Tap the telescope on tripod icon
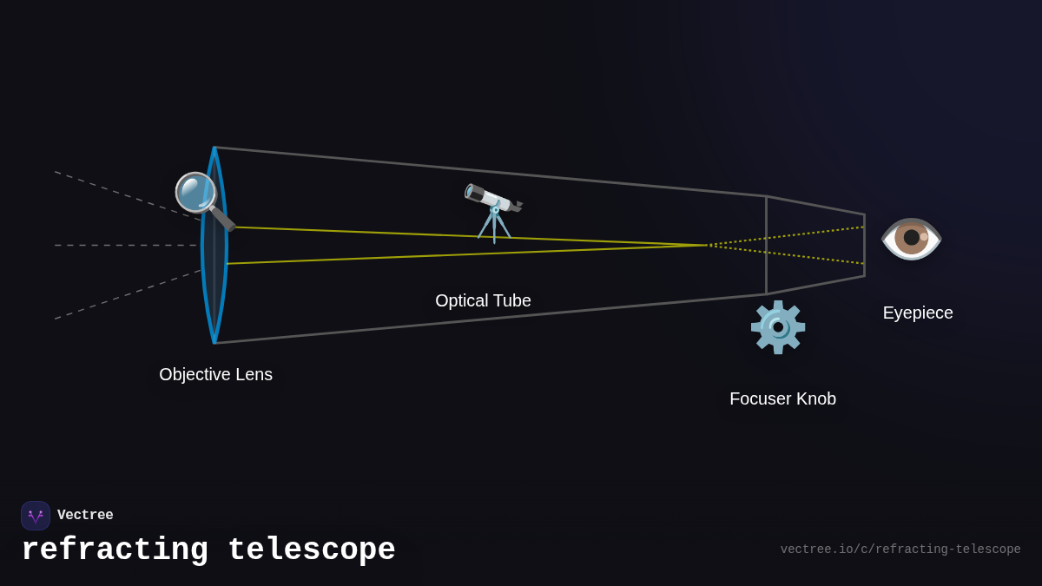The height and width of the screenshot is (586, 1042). (x=493, y=211)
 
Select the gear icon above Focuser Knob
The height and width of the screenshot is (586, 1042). (x=778, y=327)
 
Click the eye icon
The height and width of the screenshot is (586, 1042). (x=911, y=238)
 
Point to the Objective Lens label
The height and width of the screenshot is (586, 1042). (x=215, y=374)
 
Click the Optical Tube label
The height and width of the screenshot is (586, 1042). (x=483, y=300)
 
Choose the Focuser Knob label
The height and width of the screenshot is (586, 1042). (x=782, y=398)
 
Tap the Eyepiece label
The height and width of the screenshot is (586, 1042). (x=918, y=313)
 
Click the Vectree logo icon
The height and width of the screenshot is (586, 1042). (x=36, y=516)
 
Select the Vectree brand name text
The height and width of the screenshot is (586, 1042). (x=85, y=515)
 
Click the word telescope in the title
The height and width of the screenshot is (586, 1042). (x=311, y=550)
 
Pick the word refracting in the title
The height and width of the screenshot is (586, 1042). (x=115, y=550)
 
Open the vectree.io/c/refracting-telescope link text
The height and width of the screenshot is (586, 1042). (x=900, y=550)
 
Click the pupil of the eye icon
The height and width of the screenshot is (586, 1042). (x=911, y=237)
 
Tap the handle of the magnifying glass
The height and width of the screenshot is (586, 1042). (x=223, y=219)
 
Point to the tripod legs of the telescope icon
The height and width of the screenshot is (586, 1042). (x=494, y=227)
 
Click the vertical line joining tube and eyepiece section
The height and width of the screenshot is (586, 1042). (x=766, y=245)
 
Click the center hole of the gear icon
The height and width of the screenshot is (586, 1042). (x=778, y=327)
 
